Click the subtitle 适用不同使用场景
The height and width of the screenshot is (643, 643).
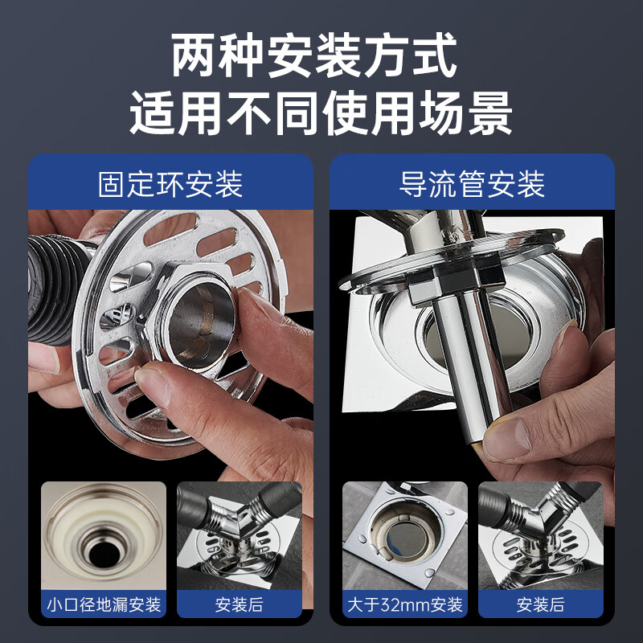(x=321, y=114)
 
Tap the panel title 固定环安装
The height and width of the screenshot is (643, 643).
(x=170, y=183)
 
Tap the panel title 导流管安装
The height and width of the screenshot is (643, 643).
(x=472, y=183)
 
